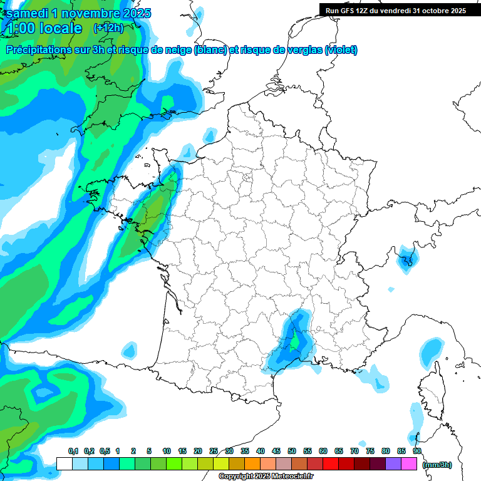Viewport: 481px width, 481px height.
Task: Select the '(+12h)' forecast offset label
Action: (x=108, y=28)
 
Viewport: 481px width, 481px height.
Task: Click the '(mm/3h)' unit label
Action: (x=437, y=464)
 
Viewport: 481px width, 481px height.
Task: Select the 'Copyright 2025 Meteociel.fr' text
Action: (x=266, y=477)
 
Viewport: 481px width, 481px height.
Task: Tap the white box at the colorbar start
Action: (x=64, y=464)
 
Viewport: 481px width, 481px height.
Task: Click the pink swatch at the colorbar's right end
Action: (x=409, y=464)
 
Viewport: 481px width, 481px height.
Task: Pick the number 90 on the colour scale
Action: (x=416, y=452)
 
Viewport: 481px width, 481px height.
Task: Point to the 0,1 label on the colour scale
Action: (x=73, y=452)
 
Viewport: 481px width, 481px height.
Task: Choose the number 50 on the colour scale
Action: (x=292, y=452)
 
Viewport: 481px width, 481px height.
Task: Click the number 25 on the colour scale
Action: (x=214, y=452)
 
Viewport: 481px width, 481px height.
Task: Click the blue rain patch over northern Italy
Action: (x=408, y=257)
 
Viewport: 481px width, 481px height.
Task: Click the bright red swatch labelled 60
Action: (x=331, y=464)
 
